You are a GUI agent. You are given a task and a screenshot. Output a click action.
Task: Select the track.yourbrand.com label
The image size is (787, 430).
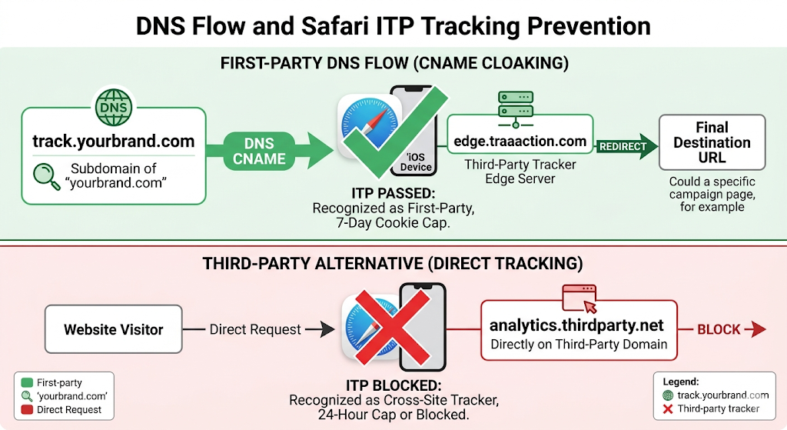pos(113,142)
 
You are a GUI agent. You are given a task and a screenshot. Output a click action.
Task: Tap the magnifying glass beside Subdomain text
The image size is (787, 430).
pos(44,175)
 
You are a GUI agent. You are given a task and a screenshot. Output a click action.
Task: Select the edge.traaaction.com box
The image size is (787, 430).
pos(520,142)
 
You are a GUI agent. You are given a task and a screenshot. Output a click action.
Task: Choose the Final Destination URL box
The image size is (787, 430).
pos(712,142)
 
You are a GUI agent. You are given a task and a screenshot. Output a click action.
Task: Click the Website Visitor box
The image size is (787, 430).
pos(114,329)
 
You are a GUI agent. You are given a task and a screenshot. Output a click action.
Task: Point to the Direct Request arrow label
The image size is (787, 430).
pos(255,329)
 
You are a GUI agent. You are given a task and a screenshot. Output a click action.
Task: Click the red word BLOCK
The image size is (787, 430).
pos(719,329)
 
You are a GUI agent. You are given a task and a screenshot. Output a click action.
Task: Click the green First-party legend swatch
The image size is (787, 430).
pos(28,382)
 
